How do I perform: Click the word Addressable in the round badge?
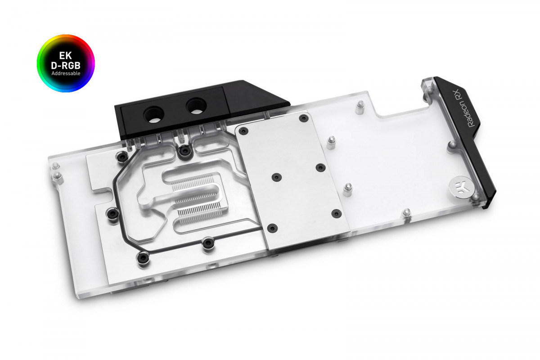coord(66,72)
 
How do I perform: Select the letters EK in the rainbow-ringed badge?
coord(66,55)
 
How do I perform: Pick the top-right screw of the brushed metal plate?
coord(303,118)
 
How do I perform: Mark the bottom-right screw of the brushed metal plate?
coord(335,213)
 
